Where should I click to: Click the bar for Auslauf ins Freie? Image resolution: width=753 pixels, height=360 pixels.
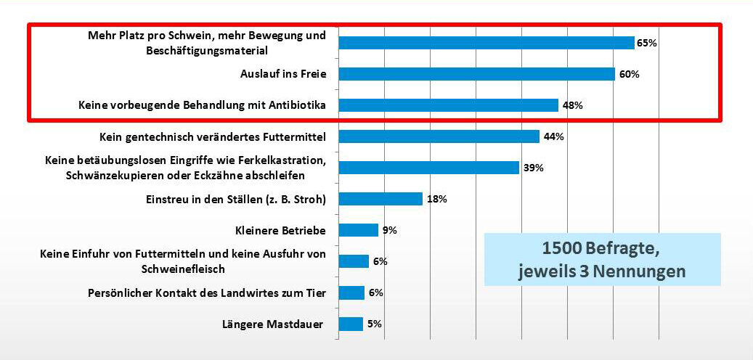click(x=476, y=74)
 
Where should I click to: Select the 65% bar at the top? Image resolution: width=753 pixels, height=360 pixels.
click(x=487, y=43)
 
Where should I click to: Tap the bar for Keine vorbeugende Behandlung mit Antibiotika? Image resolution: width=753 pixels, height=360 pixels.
click(x=448, y=105)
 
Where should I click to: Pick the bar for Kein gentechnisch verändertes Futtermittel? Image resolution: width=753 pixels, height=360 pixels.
click(x=439, y=136)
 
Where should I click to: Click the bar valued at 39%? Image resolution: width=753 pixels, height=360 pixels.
click(x=428, y=168)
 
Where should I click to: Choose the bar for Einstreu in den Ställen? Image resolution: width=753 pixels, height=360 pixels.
click(x=380, y=199)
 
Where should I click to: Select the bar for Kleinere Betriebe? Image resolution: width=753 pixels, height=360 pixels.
click(x=358, y=230)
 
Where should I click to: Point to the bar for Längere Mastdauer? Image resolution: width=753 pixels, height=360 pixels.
click(x=351, y=324)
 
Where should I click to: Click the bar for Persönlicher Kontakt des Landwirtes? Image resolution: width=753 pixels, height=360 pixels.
click(x=351, y=292)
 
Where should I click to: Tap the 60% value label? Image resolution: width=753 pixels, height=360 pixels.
click(x=629, y=74)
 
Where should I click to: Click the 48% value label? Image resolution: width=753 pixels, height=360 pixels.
click(x=572, y=105)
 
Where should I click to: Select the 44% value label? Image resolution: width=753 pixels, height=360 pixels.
click(x=554, y=136)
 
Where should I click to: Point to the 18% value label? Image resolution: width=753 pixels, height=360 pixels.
click(x=436, y=199)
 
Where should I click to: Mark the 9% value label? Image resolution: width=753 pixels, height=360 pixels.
click(x=389, y=230)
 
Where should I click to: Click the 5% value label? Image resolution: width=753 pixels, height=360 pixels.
click(x=375, y=324)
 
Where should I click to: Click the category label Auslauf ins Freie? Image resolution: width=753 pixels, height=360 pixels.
click(x=282, y=74)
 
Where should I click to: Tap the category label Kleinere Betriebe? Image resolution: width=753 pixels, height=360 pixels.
click(x=280, y=230)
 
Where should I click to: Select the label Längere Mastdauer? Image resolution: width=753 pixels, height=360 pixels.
click(x=272, y=324)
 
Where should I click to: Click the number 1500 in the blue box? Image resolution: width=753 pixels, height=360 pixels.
click(x=562, y=249)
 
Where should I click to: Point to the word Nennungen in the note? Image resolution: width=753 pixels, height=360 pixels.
click(x=641, y=271)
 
